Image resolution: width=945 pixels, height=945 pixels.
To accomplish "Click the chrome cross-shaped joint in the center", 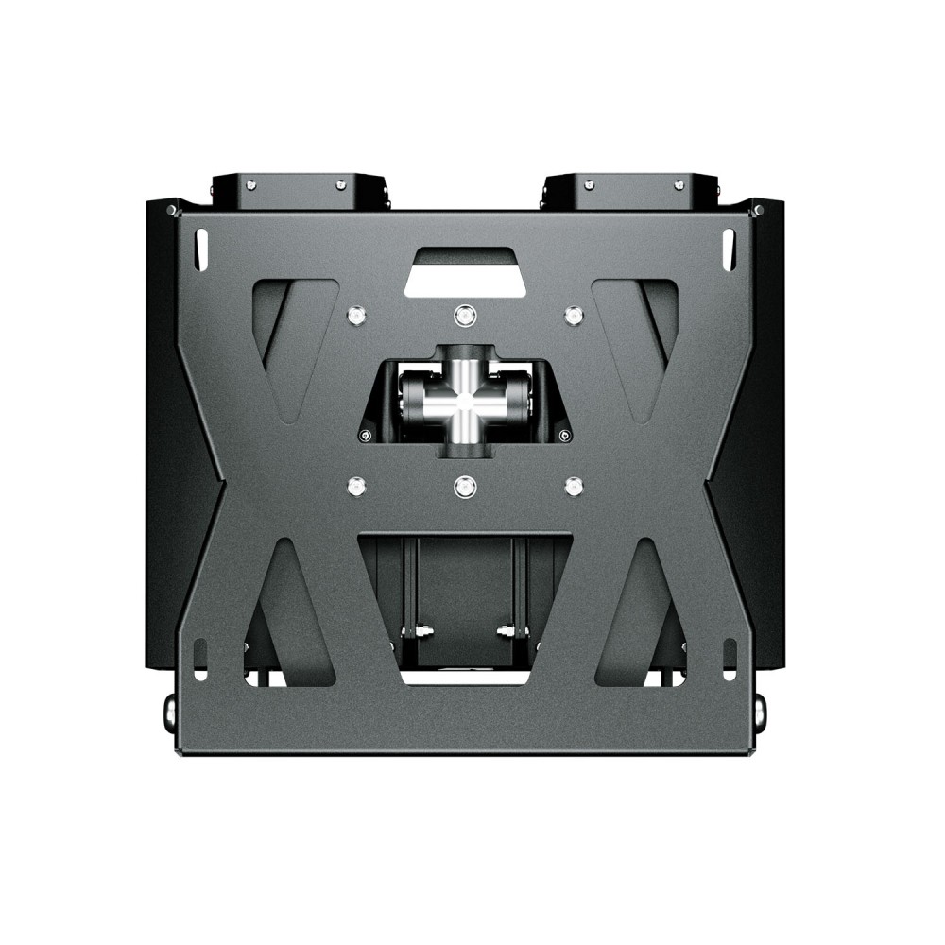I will point(463,401).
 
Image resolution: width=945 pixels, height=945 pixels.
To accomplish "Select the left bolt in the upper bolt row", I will point(356,315).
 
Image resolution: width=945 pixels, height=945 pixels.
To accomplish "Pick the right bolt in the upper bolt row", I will point(572,315).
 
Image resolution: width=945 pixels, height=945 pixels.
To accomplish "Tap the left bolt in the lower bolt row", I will point(356,487).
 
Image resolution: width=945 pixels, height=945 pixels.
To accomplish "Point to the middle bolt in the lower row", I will point(463,487).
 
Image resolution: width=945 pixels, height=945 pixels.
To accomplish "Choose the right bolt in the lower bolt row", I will point(572,487).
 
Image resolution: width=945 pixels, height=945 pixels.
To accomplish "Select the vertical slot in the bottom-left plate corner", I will point(198,656).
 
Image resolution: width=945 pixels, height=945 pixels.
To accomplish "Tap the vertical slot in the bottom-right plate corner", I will point(729,656).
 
